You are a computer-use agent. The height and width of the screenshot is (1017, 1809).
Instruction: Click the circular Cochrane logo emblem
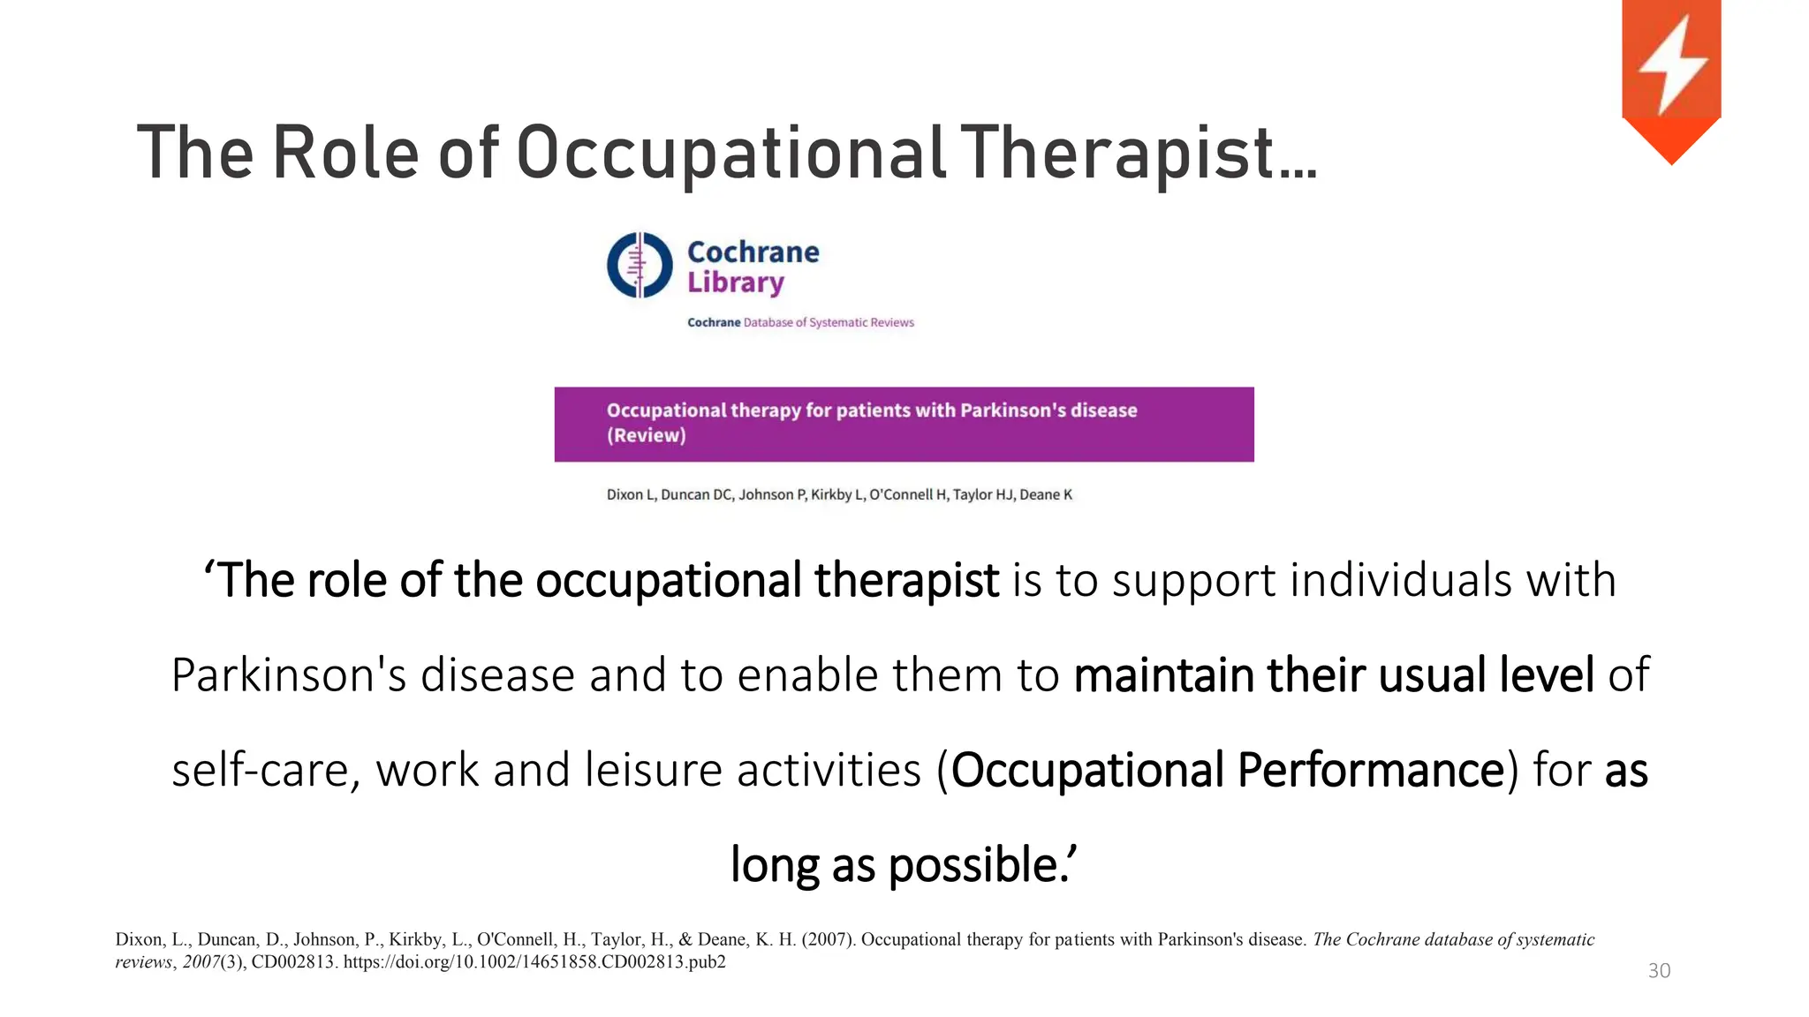pos(640,265)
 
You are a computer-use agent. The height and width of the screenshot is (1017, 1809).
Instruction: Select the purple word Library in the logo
pos(736,282)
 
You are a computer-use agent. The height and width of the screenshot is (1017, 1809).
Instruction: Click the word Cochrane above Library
pos(753,252)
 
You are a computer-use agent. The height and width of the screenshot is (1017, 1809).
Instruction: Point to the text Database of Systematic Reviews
pos(828,323)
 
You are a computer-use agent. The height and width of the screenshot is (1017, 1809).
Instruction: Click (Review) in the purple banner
pos(646,435)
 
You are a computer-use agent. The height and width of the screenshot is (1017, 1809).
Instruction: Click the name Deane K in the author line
pos(1046,494)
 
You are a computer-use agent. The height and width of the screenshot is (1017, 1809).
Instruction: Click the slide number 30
pos(1659,971)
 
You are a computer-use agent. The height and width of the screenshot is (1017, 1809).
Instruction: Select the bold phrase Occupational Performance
pos(1228,770)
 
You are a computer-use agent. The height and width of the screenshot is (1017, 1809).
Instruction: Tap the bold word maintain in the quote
pos(1164,675)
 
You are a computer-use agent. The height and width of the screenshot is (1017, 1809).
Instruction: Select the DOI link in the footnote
pos(534,962)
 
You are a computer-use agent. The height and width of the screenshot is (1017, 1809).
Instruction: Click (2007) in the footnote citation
pos(828,939)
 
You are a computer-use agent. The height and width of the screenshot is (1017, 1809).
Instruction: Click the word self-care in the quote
pos(265,770)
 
